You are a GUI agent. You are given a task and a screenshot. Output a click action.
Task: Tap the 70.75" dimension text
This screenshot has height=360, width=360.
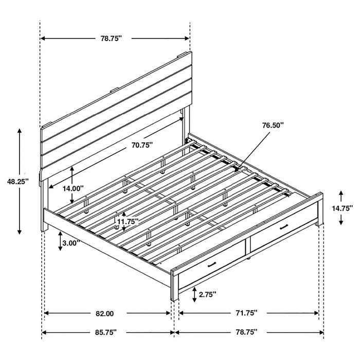[x=141, y=146]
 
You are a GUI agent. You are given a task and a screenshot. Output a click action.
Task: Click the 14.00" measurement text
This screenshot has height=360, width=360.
[x=73, y=188]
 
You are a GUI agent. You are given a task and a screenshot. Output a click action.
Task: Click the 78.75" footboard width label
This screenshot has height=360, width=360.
[x=247, y=332]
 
